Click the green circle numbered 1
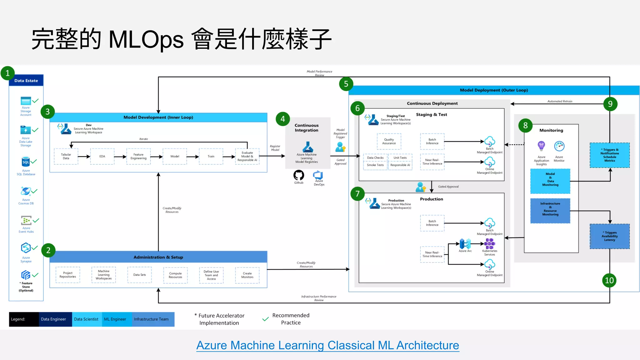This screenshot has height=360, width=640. (x=7, y=73)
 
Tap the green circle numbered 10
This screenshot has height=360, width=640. (x=609, y=280)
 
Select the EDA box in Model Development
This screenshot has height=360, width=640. (x=102, y=156)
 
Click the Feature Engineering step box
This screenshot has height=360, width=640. (x=138, y=156)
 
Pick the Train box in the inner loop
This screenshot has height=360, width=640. (x=211, y=156)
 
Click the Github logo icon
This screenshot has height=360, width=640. (x=298, y=175)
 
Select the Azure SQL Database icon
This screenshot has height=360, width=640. (x=26, y=162)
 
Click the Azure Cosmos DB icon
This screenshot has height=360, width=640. (x=26, y=191)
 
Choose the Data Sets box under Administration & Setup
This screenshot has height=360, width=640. (x=139, y=275)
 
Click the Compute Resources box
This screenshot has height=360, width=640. (x=175, y=275)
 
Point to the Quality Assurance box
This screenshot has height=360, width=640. (x=389, y=141)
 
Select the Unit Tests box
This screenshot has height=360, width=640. (x=400, y=158)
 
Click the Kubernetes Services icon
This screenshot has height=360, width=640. (x=489, y=243)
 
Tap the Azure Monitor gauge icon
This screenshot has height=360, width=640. (x=559, y=146)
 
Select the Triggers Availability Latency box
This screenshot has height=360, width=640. (x=609, y=236)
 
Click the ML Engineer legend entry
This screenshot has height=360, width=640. (x=115, y=319)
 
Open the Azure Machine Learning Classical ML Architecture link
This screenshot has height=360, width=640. (x=327, y=345)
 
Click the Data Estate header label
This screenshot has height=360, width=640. (x=26, y=81)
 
